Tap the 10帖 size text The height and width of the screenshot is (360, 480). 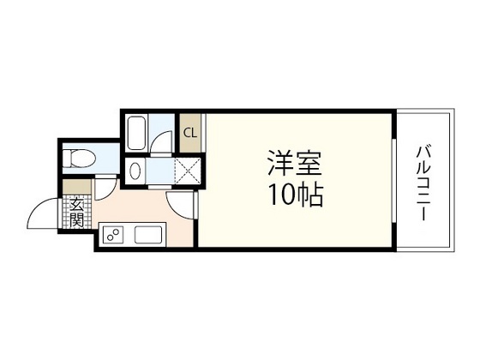pos(293,196)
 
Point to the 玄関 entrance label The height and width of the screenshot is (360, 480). pos(76,210)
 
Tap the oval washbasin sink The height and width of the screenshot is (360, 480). pos(132,171)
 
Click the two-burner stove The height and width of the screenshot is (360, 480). pos(112,234)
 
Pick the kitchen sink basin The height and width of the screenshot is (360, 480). pos(147,234)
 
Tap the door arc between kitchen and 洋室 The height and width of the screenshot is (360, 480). pos(182,202)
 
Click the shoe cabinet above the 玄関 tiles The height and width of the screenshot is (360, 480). pos(76,185)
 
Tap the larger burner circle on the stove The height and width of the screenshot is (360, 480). pos(109,231)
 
